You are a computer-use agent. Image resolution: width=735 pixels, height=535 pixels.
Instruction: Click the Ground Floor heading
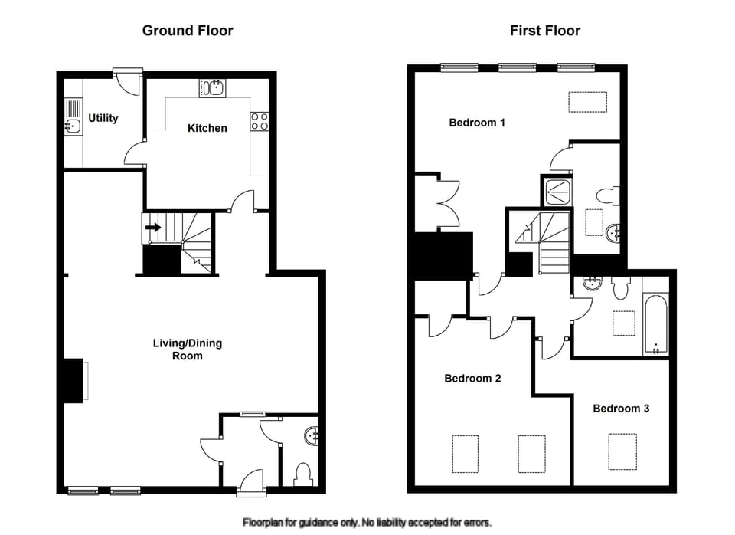[188, 31]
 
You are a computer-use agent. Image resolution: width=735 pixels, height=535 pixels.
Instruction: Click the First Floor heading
[545, 31]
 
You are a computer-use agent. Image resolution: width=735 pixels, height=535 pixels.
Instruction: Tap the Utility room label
[103, 118]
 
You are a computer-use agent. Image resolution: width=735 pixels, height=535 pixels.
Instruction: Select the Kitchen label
[207, 128]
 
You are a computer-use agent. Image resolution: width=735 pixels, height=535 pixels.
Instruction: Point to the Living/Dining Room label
[187, 350]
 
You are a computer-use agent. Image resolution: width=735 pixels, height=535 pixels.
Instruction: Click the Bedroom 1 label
[477, 123]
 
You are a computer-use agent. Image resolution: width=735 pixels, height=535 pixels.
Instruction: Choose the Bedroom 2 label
[472, 378]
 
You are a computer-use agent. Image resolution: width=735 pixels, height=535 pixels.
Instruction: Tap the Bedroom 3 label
[621, 409]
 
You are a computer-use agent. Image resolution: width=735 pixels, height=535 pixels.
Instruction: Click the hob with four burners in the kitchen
[258, 121]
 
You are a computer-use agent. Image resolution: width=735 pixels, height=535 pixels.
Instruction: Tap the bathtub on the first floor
[655, 323]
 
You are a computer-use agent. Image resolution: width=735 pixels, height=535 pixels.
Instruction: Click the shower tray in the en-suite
[557, 191]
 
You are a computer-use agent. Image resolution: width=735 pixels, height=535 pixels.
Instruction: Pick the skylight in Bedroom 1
[587, 102]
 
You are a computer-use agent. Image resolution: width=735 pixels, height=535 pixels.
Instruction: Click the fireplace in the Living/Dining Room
[75, 381]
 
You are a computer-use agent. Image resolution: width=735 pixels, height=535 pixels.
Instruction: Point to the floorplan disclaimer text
[367, 523]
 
